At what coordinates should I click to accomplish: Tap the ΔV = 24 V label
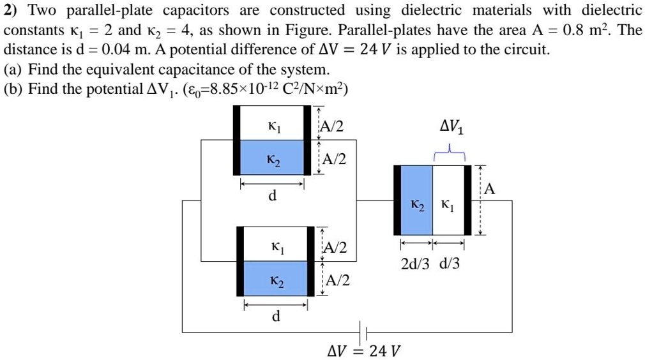click(x=363, y=351)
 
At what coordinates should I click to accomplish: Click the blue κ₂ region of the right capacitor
click(x=416, y=200)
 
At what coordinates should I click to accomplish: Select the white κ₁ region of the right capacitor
click(x=449, y=200)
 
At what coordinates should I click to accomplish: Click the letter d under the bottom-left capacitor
click(x=276, y=317)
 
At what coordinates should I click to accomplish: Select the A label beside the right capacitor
click(x=489, y=189)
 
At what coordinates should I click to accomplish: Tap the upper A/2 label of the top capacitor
click(x=333, y=126)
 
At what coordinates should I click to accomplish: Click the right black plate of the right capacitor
click(x=468, y=200)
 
